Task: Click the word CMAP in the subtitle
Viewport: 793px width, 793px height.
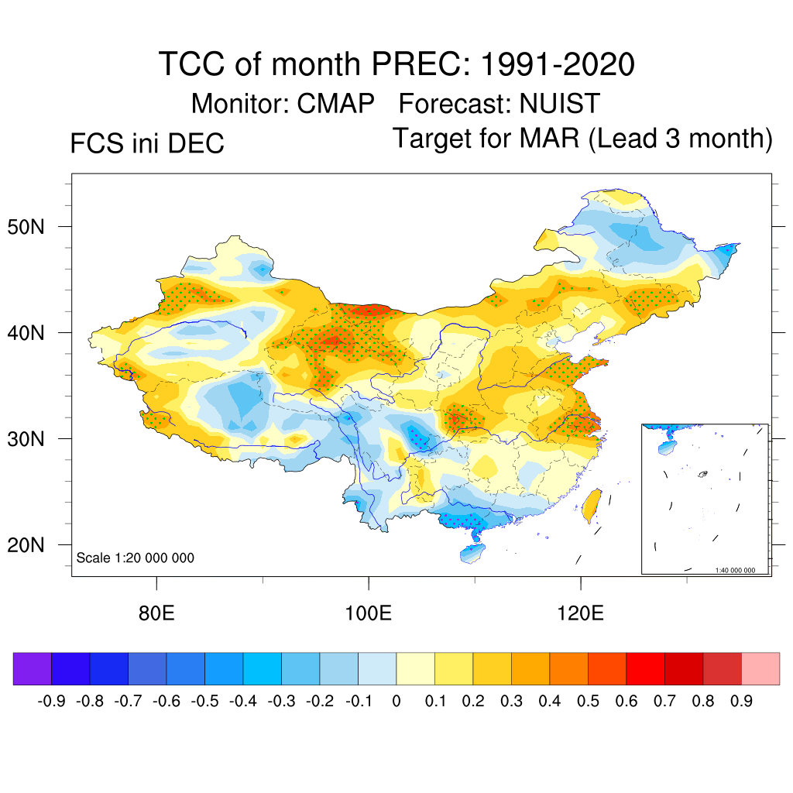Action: pyautogui.click(x=337, y=104)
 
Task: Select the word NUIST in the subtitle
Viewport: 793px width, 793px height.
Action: pyautogui.click(x=560, y=104)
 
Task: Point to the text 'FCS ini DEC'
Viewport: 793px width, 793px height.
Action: pyautogui.click(x=147, y=144)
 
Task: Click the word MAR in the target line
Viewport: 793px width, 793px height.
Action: pyautogui.click(x=548, y=139)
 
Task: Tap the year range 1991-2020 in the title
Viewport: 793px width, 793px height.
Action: pyautogui.click(x=558, y=64)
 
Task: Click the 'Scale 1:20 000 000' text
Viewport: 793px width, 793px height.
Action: pyautogui.click(x=136, y=558)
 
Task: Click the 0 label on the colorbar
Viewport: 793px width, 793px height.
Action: pyautogui.click(x=396, y=702)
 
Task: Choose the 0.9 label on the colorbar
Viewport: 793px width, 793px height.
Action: pyautogui.click(x=742, y=702)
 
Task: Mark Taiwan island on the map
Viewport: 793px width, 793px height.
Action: pyautogui.click(x=592, y=503)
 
